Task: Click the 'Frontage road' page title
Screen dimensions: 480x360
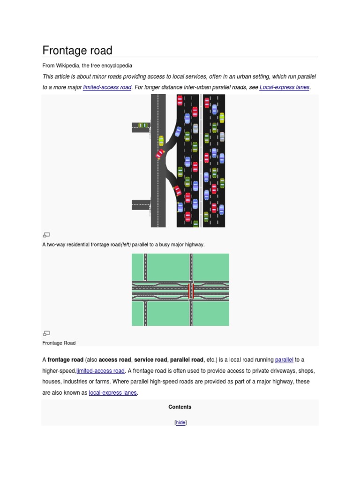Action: (77, 51)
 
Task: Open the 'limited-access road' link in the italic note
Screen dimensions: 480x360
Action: (107, 87)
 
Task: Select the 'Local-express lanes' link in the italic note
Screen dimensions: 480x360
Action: (285, 87)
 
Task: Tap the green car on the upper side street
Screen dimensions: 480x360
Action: (143, 126)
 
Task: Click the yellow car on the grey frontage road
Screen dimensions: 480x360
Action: (161, 141)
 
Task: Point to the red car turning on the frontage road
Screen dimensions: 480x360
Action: (160, 153)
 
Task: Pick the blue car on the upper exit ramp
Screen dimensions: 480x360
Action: (178, 131)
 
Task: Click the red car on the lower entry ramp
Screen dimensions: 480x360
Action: (177, 191)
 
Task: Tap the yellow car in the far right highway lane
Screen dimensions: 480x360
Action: (222, 118)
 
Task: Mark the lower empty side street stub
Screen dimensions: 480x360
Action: (141, 205)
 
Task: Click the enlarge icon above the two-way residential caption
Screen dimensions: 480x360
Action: (46, 235)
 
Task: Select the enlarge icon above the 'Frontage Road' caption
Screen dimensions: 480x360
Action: (46, 333)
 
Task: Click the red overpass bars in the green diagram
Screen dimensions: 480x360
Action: (191, 291)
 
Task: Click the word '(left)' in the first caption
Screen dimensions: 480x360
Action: (126, 245)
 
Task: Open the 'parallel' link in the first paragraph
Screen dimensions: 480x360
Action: (284, 360)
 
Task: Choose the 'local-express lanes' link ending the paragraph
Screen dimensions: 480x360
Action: (112, 393)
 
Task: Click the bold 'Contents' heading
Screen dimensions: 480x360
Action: (180, 407)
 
